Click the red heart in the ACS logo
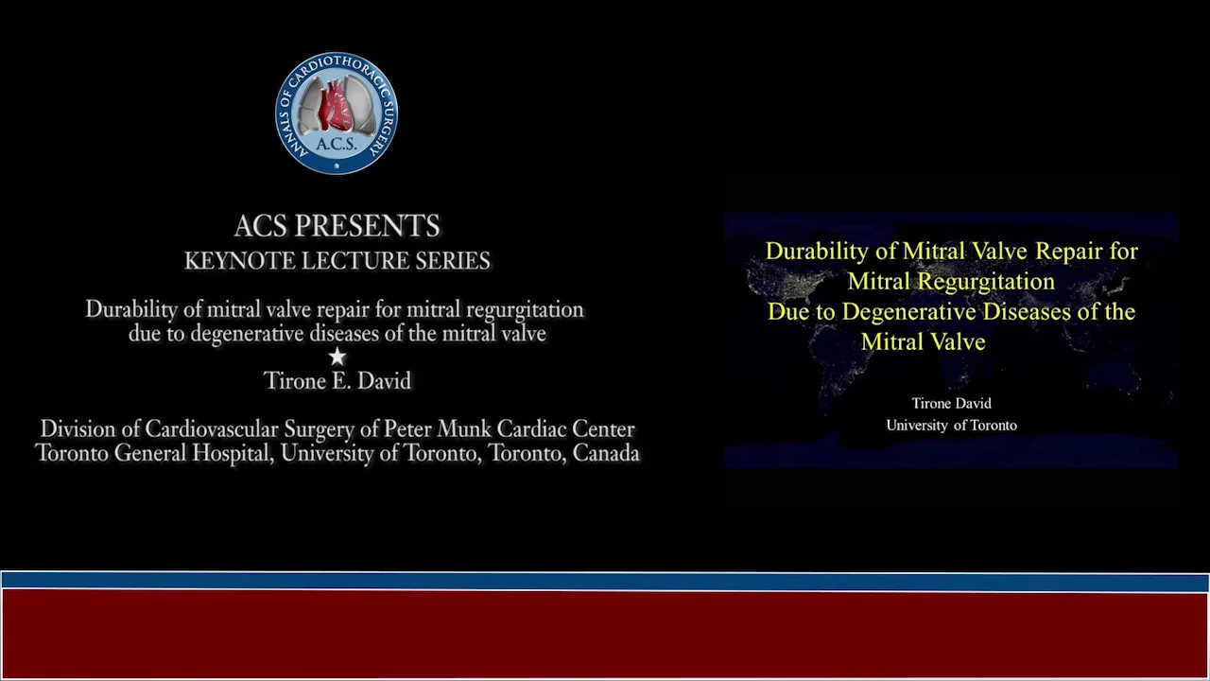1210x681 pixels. tap(336, 104)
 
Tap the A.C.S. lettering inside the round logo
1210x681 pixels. tap(336, 144)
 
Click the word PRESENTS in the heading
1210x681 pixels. tap(367, 226)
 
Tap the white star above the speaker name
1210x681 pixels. tap(337, 357)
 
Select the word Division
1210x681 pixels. tap(78, 429)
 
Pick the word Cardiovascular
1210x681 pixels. tap(211, 429)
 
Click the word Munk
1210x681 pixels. tap(464, 429)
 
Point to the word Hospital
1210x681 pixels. tap(233, 453)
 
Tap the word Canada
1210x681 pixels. tap(606, 453)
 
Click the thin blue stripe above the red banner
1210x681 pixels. tap(605, 581)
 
